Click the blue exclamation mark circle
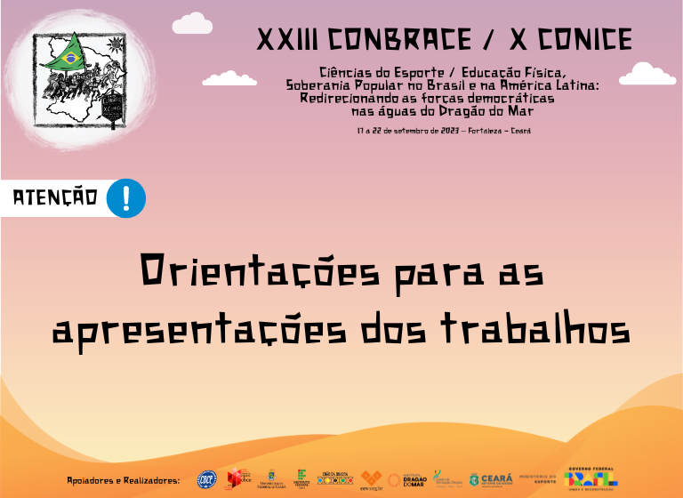[125, 197]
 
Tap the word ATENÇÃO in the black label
[55, 198]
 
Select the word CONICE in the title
[579, 40]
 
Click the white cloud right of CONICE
[647, 73]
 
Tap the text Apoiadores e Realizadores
[124, 480]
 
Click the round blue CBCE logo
[206, 479]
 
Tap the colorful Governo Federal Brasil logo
[591, 477]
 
